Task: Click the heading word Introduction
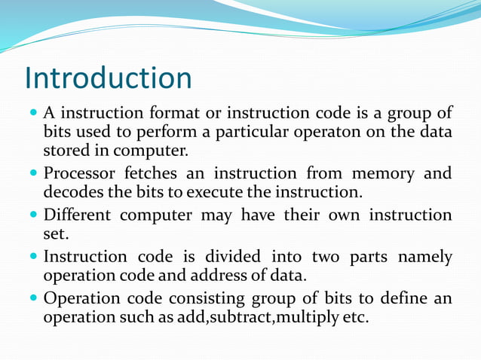pos(108,78)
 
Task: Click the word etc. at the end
pos(355,316)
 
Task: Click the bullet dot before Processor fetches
pos(34,173)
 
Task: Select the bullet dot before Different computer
pos(34,215)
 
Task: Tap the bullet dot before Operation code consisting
pos(34,297)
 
